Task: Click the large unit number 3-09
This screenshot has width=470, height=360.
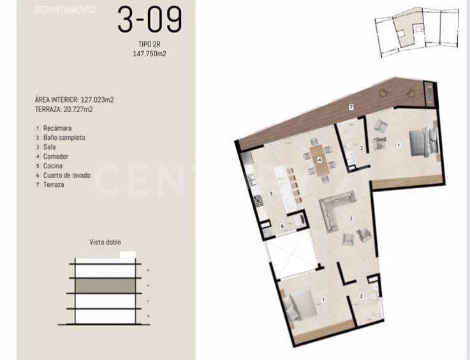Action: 150,20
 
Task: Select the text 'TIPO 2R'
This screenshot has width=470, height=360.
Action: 150,45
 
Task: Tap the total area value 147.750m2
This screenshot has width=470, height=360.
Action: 150,54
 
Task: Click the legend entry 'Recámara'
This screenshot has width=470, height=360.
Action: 57,128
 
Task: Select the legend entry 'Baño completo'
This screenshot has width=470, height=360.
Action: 64,138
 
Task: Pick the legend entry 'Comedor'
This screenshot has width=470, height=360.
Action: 56,156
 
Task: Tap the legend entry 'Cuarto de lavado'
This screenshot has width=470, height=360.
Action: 68,176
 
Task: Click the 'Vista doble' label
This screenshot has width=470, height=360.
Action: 105,243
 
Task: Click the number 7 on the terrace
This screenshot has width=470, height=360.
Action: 351,107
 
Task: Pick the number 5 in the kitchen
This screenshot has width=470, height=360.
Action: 271,193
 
